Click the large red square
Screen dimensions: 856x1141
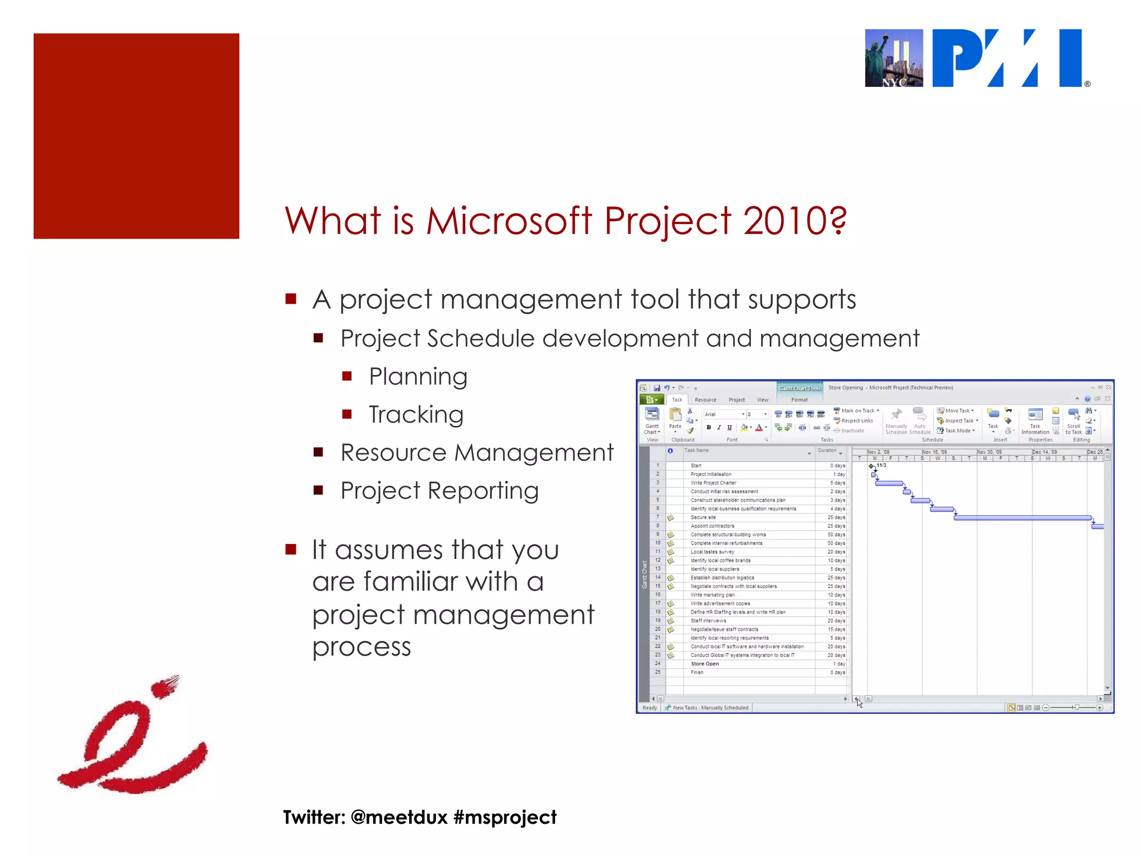[x=136, y=136]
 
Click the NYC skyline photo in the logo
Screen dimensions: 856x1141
[x=894, y=58]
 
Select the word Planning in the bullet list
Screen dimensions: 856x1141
[x=418, y=377]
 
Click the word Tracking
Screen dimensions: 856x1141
[x=416, y=415]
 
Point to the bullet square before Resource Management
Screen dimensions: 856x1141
[x=319, y=452]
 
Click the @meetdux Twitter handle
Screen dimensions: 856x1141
[x=399, y=818]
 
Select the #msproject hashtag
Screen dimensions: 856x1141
[x=505, y=818]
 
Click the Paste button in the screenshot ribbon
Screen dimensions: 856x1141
[x=675, y=420]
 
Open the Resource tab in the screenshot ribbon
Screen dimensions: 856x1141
[x=705, y=400]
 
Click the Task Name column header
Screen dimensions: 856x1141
[x=697, y=450]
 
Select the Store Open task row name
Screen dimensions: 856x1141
[x=705, y=664]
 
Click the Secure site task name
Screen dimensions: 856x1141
[x=703, y=517]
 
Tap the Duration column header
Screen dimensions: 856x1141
[x=827, y=450]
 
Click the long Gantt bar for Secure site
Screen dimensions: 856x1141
[x=1022, y=518]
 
